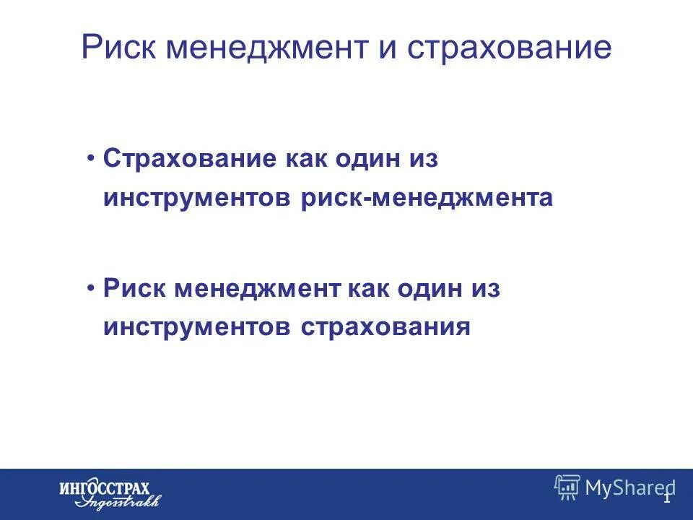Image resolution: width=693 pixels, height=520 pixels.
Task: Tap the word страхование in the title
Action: point(508,48)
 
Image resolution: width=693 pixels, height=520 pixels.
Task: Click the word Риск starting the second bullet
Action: point(131,290)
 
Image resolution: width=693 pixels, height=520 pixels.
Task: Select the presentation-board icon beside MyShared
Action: point(567,487)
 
